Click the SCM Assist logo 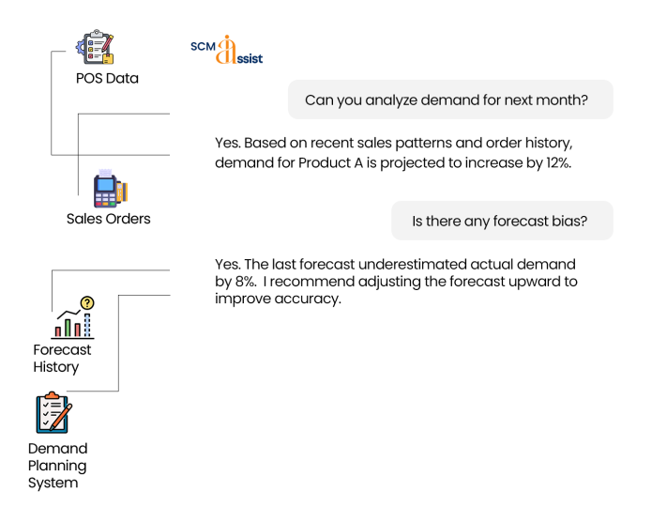pos(226,51)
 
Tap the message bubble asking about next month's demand pos(450,100)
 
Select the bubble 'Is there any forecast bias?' pos(502,222)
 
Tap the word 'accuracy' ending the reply pos(311,300)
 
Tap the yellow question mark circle pos(87,303)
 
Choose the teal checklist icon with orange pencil pos(53,413)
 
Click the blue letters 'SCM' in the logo pos(203,48)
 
